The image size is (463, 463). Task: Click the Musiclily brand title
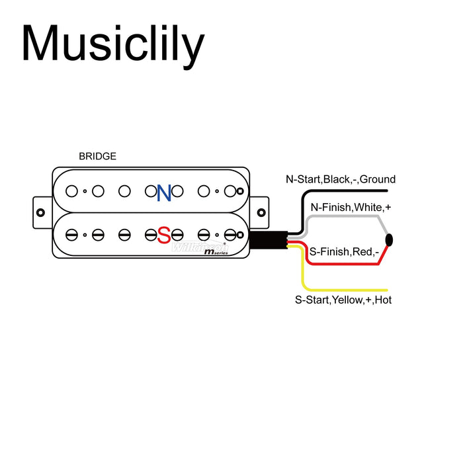113,44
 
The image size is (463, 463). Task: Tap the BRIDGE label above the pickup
97,157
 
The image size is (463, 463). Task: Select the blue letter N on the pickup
164,192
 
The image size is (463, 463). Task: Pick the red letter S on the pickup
163,234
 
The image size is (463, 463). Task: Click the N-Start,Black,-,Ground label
341,179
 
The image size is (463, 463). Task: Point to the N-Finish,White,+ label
351,207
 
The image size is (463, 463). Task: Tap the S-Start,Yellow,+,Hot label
343,300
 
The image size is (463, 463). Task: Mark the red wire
344,264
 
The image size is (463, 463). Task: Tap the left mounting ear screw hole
40,213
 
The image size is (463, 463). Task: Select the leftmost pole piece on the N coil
71,191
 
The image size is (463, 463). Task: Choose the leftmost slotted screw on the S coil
71,234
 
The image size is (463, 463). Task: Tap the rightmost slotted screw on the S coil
230,234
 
